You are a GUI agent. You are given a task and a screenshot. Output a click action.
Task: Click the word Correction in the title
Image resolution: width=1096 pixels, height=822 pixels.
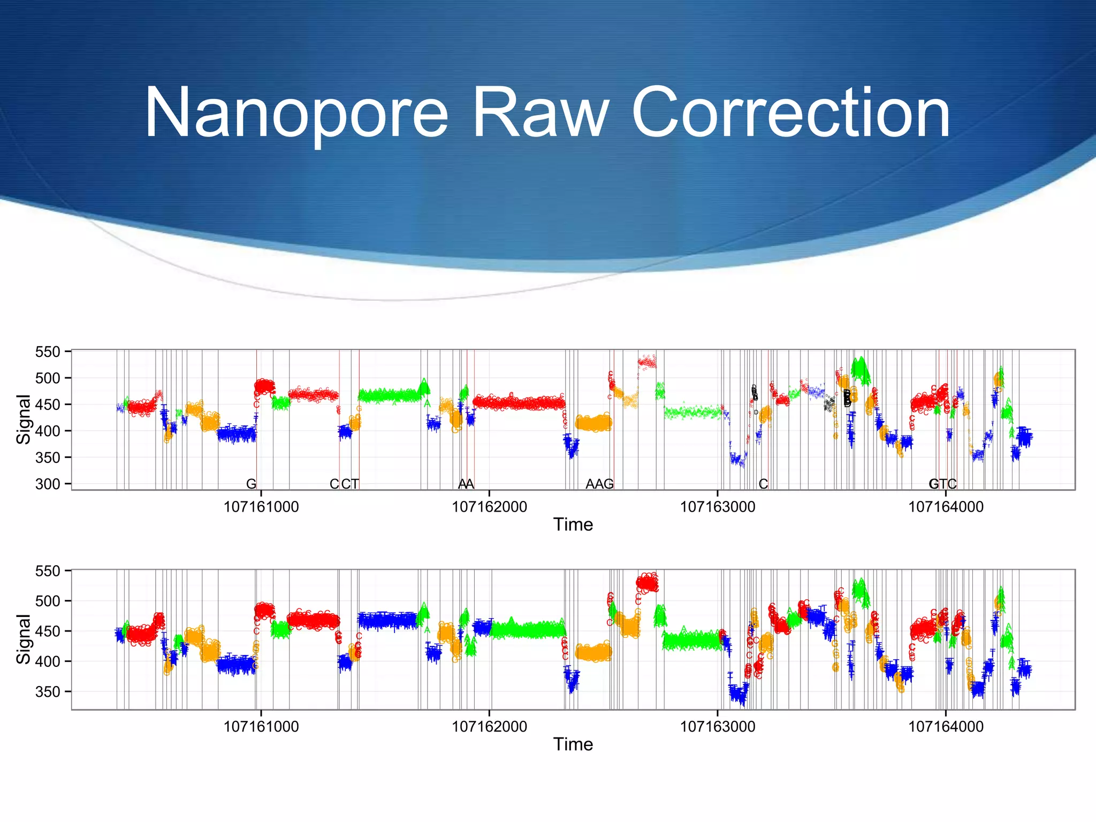point(790,114)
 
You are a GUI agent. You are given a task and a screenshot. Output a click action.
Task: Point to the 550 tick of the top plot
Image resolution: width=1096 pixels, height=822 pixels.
point(48,352)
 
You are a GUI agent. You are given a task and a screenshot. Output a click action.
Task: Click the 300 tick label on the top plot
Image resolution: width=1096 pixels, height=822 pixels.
point(48,484)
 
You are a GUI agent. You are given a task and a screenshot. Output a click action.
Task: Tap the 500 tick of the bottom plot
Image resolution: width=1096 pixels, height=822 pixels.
point(48,601)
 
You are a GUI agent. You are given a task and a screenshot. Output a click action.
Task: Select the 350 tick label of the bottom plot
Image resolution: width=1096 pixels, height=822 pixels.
point(48,692)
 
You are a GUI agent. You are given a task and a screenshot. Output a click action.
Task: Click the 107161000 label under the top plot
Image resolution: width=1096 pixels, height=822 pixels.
point(261,507)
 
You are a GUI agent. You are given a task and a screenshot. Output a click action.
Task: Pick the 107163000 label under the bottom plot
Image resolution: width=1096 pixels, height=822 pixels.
point(718,727)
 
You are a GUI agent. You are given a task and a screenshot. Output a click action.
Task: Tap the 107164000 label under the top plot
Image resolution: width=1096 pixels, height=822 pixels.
point(946,507)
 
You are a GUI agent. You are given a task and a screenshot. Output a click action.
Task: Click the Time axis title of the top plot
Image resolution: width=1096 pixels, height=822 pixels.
point(573,525)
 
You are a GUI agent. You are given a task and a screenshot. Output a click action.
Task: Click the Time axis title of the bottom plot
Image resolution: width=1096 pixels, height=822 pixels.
point(573,744)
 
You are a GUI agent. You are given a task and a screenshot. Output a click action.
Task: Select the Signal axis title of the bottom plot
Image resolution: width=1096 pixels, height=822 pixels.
point(24,639)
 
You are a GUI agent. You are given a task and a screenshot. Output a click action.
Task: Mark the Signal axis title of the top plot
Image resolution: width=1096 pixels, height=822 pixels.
point(24,419)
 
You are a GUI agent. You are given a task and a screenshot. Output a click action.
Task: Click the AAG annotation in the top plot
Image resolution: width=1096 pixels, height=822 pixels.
point(599,484)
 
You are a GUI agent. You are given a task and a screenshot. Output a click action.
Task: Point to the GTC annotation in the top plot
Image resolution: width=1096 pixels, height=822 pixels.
point(942,484)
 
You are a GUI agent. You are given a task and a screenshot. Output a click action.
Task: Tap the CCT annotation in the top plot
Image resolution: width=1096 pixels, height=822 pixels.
point(344,484)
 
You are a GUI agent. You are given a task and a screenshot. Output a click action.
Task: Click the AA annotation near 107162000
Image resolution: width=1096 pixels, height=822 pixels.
point(466,484)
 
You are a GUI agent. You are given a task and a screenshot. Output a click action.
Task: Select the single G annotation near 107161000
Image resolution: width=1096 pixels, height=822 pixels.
point(251,484)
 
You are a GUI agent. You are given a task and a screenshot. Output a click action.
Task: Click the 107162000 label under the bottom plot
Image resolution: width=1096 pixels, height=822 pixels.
point(489,727)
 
